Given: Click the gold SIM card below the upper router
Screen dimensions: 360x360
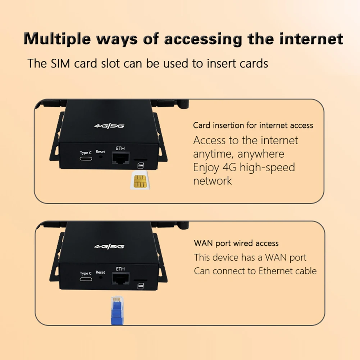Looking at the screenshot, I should point(140,180).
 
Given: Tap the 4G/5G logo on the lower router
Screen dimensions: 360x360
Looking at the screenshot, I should point(109,247).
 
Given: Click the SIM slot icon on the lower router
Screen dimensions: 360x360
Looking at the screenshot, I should point(140,286).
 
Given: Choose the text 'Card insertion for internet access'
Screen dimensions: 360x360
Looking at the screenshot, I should point(253,126).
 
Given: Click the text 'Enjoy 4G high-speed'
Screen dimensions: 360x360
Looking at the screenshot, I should point(244,167).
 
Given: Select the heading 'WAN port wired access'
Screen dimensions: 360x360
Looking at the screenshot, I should point(236,243).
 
